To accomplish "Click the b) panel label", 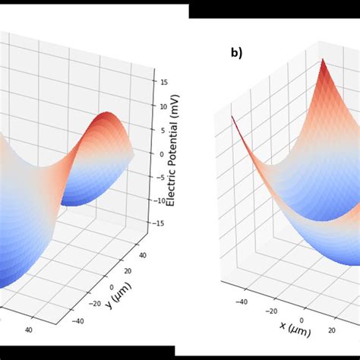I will point(236,53).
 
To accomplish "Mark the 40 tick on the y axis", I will point(141,250).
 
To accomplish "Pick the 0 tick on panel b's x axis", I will point(303,321).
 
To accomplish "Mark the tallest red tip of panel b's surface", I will point(322,60).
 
